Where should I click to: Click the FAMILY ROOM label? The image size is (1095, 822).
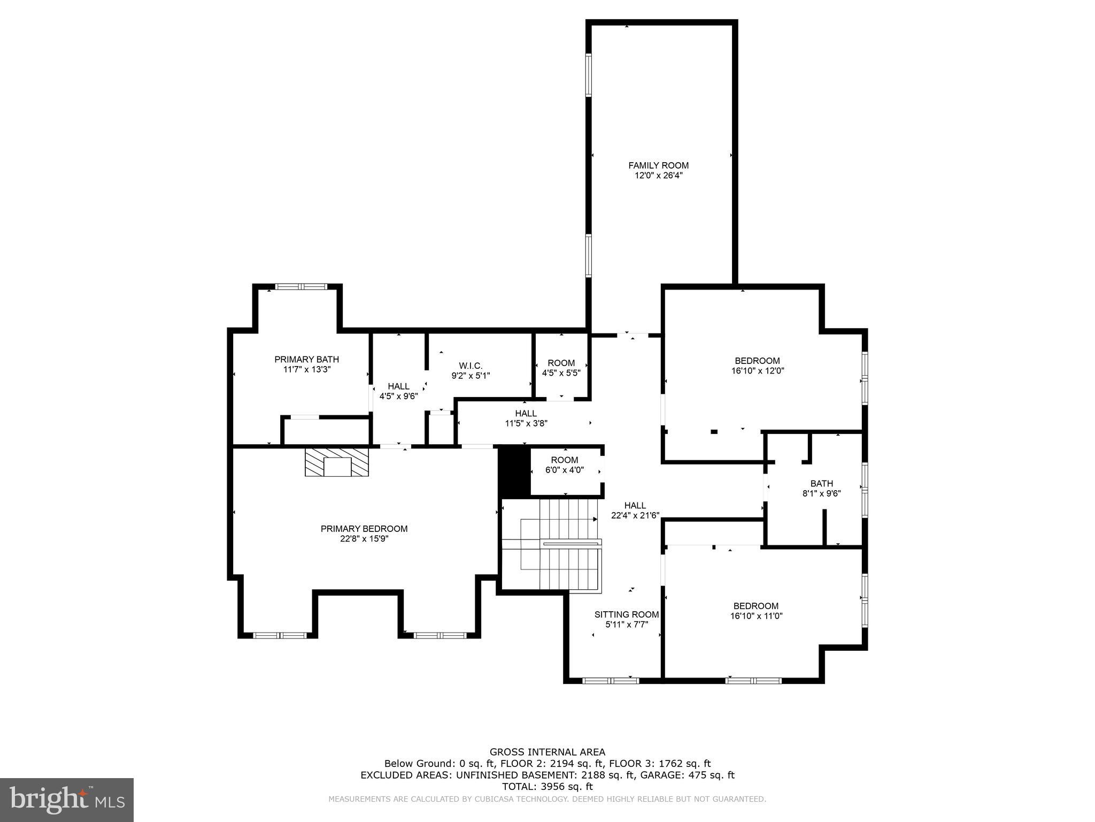pos(658,165)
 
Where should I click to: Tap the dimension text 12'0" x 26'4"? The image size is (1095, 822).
pos(658,176)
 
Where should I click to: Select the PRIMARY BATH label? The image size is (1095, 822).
pos(306,359)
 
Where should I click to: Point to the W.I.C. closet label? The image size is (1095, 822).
pos(471,366)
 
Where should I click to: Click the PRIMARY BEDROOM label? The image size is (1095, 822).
pos(364,529)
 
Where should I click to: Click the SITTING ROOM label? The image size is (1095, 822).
pos(626,614)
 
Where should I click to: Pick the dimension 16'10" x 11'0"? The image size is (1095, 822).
pos(756,616)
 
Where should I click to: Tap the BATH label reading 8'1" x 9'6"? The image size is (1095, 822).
pos(821,483)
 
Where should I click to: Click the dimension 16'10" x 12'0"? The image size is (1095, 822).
pos(757,370)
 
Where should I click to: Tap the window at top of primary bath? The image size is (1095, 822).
pos(300,287)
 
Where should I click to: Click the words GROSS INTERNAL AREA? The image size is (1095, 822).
pos(547,752)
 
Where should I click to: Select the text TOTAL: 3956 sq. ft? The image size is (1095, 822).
pos(547,787)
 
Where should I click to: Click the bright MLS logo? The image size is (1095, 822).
pos(67,800)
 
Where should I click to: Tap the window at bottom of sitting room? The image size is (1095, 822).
pos(610,681)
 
